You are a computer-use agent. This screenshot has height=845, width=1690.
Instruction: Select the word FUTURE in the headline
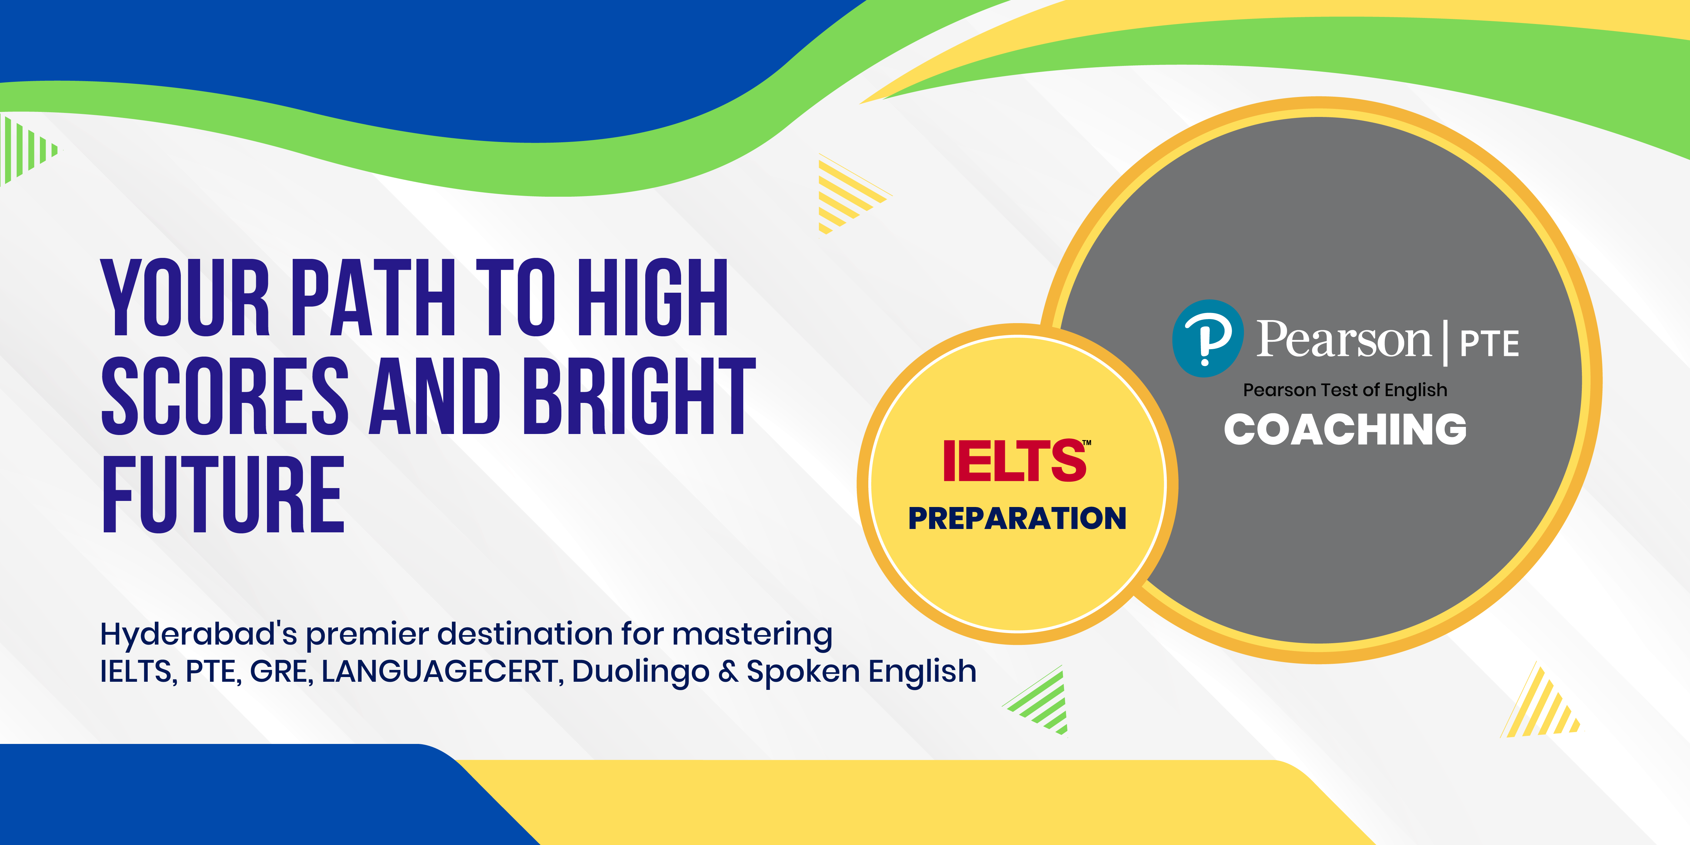(223, 494)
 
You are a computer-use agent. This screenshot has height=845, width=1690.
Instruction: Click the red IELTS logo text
(1016, 461)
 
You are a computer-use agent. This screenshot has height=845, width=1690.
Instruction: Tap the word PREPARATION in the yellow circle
(1017, 518)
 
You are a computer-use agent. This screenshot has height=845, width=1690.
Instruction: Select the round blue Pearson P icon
(1207, 339)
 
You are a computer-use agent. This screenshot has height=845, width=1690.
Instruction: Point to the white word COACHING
(1345, 430)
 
